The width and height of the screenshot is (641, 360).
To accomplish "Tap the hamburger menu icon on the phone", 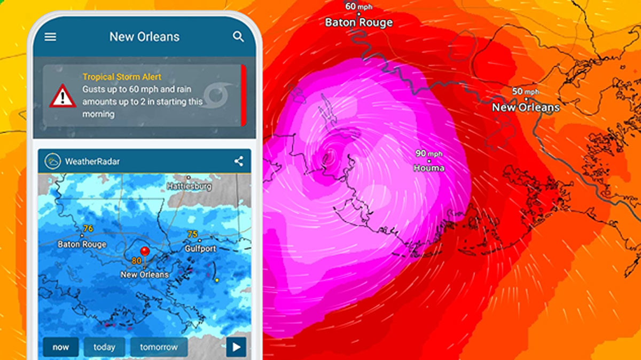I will click(x=50, y=37).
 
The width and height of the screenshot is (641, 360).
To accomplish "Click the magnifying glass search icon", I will click(x=238, y=37).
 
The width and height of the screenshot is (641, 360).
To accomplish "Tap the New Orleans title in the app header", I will click(x=144, y=37).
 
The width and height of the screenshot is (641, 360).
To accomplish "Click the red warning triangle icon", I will click(x=63, y=96).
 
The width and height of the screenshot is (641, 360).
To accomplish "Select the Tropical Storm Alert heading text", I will click(x=122, y=77).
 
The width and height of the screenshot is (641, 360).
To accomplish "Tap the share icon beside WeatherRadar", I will click(x=238, y=161).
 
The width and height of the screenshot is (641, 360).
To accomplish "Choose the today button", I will click(x=104, y=347).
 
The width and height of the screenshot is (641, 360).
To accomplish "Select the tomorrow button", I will click(x=159, y=347).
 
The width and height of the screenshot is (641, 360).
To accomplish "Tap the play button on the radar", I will click(x=236, y=347).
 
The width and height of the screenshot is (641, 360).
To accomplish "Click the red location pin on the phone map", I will click(x=144, y=252).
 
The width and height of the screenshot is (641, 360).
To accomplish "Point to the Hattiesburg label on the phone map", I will click(x=189, y=186).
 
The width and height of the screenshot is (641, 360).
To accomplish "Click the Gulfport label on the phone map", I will click(x=200, y=249).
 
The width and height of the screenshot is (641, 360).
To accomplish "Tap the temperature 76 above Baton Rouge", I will click(x=88, y=229).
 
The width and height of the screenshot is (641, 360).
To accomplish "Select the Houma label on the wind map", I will click(x=429, y=168).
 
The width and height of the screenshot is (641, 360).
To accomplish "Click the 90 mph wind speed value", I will click(x=429, y=154).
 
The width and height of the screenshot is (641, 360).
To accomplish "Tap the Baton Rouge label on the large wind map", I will click(x=358, y=22).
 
